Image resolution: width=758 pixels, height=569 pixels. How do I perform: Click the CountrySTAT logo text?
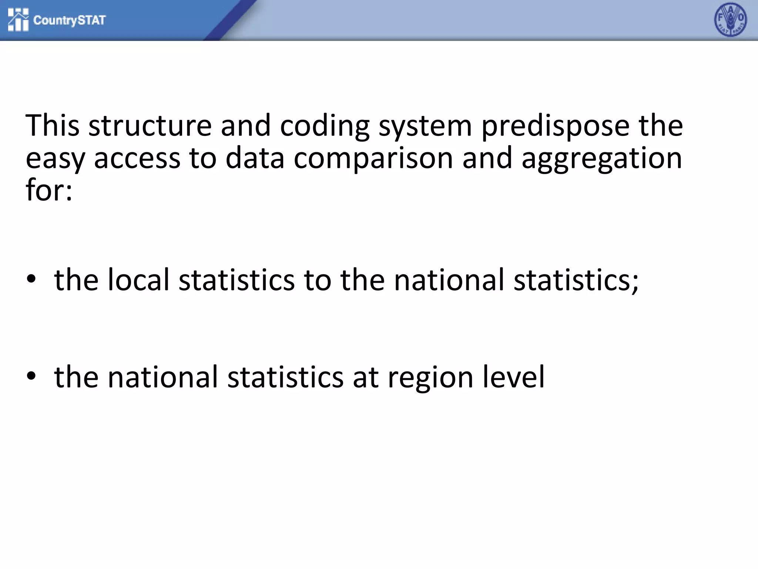pyautogui.click(x=70, y=20)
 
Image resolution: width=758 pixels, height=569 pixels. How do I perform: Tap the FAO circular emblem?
pyautogui.click(x=730, y=20)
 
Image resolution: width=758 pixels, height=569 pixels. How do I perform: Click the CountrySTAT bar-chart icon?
pyautogui.click(x=18, y=20)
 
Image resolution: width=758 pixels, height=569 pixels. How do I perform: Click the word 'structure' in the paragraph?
pyautogui.click(x=150, y=126)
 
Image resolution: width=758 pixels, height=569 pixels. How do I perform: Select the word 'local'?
pyautogui.click(x=138, y=280)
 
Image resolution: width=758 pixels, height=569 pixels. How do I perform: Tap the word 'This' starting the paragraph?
pyautogui.click(x=52, y=126)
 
